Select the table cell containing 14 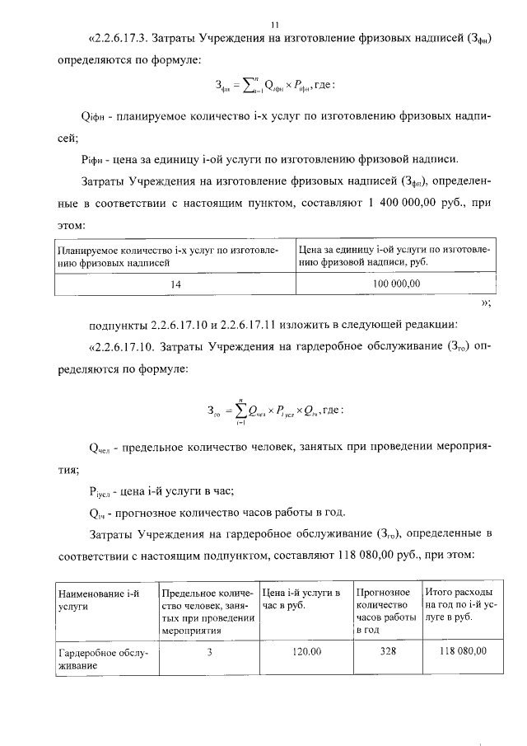pyautogui.click(x=175, y=284)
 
